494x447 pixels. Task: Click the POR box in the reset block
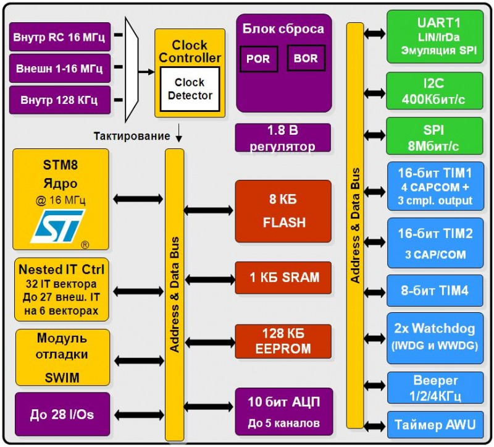tap(258, 59)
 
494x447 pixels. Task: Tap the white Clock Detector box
tap(190, 89)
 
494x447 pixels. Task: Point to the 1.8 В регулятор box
tap(283, 138)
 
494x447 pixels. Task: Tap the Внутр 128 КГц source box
tap(59, 100)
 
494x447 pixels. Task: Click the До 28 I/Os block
tap(62, 414)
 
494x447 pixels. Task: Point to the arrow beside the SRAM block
tap(209, 279)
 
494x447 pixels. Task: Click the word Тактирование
tap(132, 135)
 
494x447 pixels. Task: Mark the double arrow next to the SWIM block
tap(139, 360)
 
